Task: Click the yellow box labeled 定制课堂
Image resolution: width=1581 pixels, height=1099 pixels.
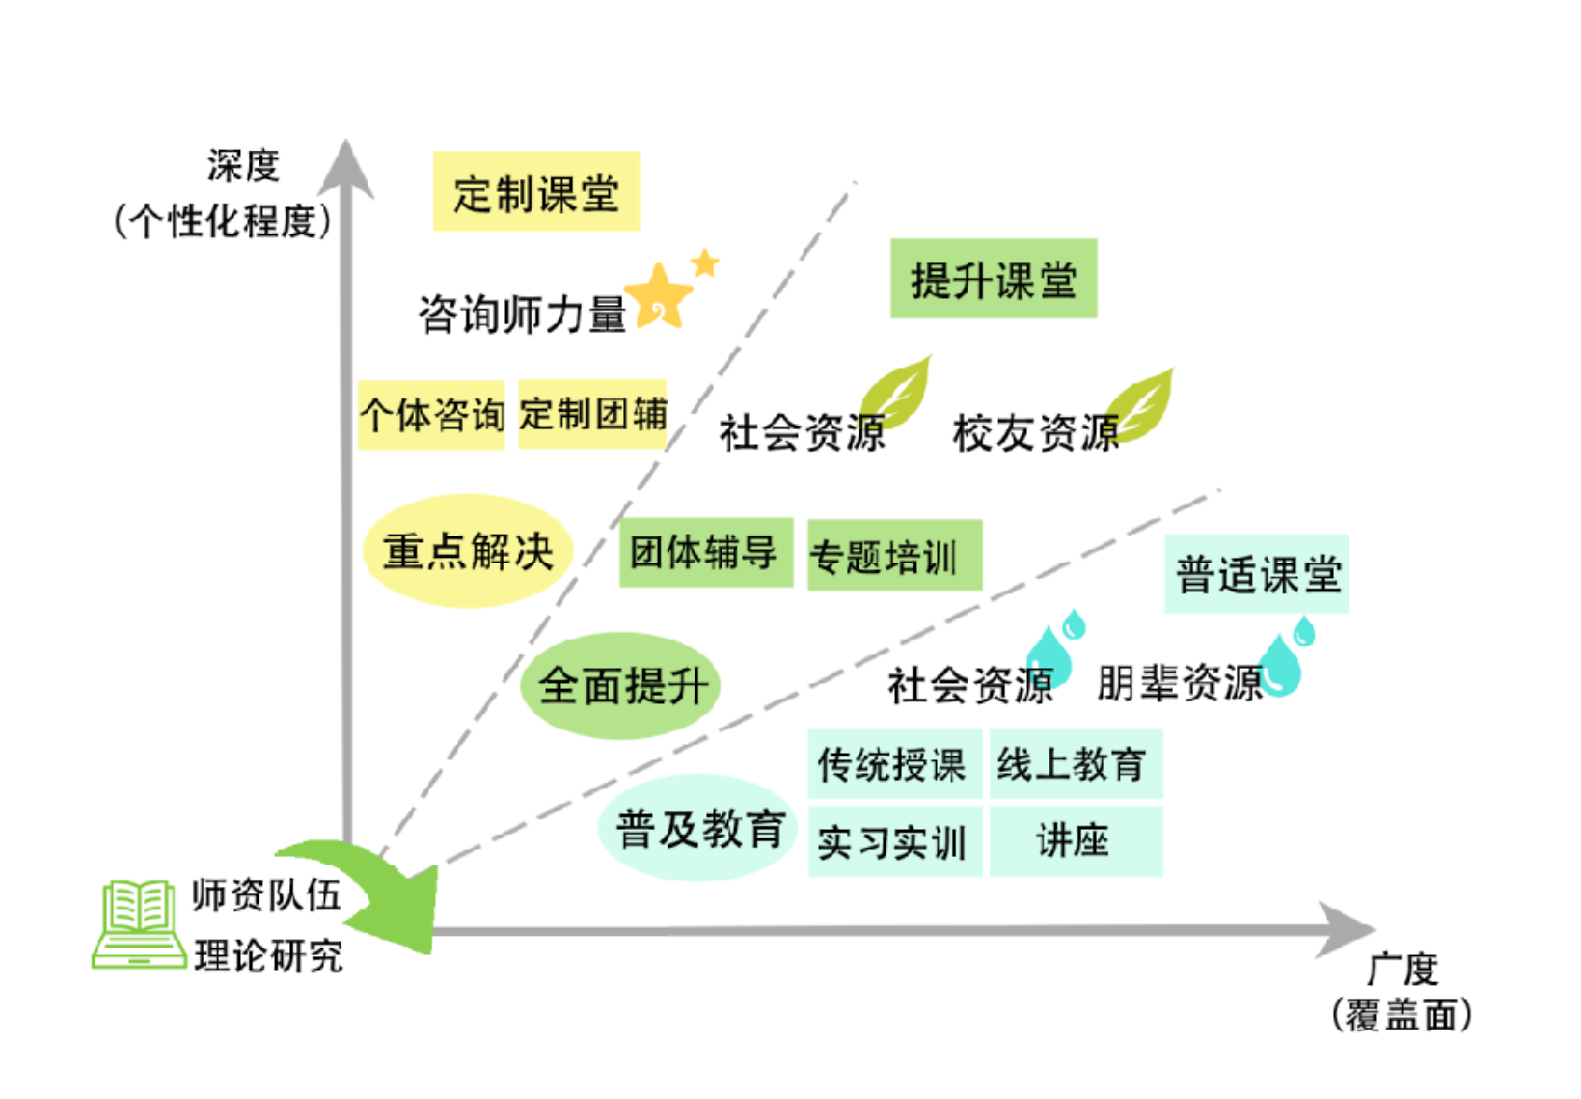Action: click(x=535, y=191)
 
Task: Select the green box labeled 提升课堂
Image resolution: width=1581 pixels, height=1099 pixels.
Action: click(x=993, y=279)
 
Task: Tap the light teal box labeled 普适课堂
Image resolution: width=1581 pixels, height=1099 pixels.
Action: click(x=1256, y=574)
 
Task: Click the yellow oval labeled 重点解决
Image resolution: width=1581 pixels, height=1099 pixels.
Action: click(x=468, y=551)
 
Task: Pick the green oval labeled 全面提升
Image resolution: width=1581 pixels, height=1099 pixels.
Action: click(x=621, y=686)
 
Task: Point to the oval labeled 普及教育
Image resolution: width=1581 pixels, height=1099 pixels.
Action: click(x=699, y=828)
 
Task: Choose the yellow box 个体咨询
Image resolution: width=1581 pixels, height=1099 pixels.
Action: click(x=431, y=415)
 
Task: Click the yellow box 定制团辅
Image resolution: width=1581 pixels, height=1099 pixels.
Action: click(x=592, y=414)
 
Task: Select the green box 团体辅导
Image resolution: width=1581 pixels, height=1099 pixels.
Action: click(x=705, y=553)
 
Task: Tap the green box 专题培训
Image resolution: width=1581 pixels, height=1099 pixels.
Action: click(x=894, y=556)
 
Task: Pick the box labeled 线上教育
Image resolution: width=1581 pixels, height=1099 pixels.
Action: click(x=1076, y=764)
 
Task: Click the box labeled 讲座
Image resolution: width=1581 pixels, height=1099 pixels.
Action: click(x=1076, y=842)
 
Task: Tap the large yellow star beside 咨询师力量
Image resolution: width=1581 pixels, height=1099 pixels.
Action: click(x=659, y=296)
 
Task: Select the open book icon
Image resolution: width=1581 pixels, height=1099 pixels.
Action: click(x=139, y=923)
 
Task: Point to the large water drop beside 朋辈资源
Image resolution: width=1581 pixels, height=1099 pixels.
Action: click(x=1280, y=666)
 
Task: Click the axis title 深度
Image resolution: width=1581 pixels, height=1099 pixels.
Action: click(x=243, y=166)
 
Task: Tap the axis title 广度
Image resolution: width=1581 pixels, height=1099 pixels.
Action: click(x=1403, y=968)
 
